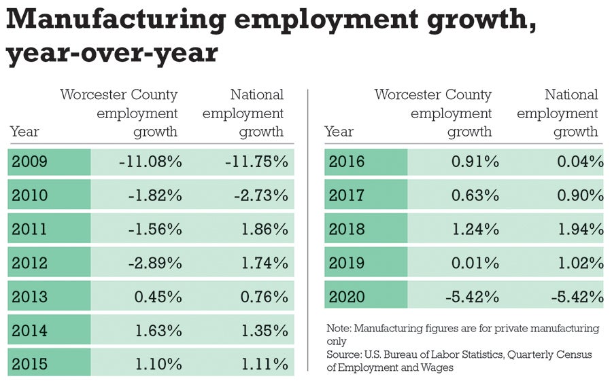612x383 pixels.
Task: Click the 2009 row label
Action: click(30, 162)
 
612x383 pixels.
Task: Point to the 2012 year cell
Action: click(30, 263)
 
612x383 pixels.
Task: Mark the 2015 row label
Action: click(30, 364)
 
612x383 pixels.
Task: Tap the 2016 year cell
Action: click(346, 162)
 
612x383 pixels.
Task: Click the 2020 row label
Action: click(346, 297)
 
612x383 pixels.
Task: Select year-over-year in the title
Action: click(112, 54)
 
